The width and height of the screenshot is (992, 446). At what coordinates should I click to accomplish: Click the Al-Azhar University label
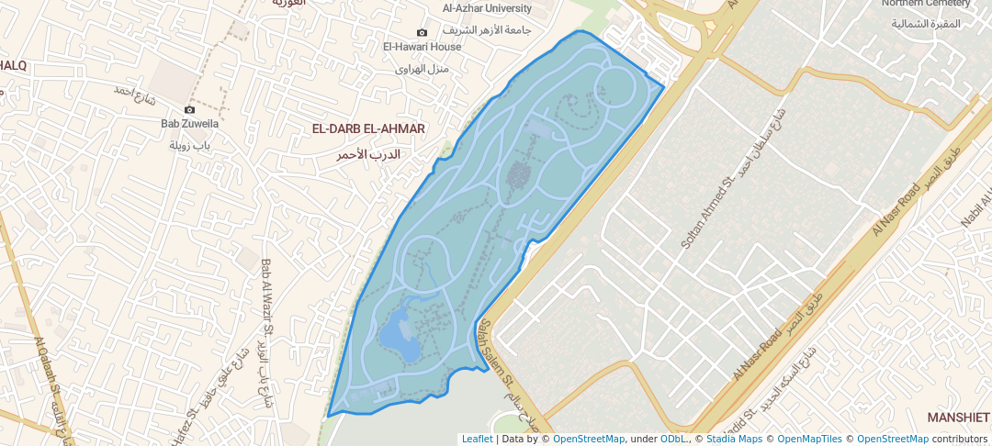click(x=487, y=8)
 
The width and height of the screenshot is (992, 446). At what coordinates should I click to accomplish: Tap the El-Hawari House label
click(x=422, y=47)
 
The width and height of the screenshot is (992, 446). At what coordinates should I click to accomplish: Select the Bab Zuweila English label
click(x=189, y=124)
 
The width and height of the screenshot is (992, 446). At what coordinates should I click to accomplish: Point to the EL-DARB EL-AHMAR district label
click(x=368, y=129)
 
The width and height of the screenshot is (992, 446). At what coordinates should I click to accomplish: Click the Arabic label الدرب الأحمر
click(x=368, y=153)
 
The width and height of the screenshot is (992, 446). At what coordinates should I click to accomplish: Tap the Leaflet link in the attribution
click(x=477, y=439)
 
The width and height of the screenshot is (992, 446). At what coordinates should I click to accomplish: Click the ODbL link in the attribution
click(x=673, y=439)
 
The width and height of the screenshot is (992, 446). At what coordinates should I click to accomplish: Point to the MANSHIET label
click(x=958, y=418)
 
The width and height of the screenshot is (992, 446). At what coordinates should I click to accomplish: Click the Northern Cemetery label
click(x=925, y=4)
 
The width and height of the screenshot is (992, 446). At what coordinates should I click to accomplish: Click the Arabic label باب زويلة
click(x=190, y=146)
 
